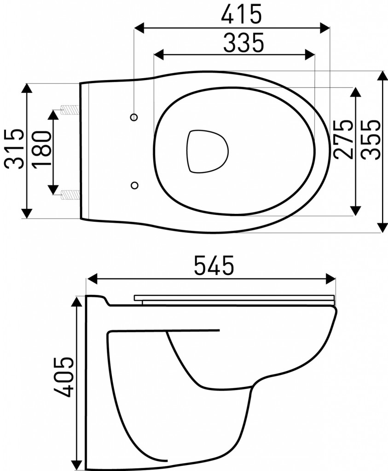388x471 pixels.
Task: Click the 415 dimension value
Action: click(241, 15)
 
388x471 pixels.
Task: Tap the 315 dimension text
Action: click(13, 149)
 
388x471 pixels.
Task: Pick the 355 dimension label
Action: click(371, 139)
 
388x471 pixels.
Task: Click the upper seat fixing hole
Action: click(134, 117)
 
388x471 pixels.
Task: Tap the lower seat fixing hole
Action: click(134, 184)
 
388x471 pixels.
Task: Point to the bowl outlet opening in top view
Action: click(207, 151)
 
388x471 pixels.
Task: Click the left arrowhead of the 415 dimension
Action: click(138, 28)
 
